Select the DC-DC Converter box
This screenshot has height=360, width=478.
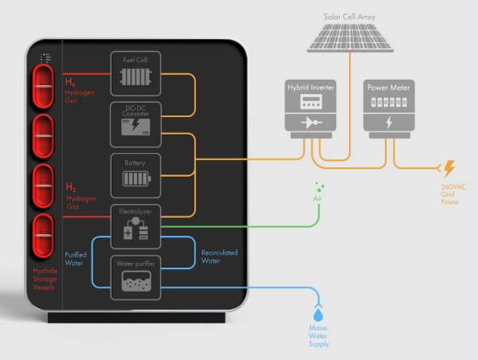pyautogui.click(x=135, y=123)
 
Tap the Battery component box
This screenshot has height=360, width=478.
pyautogui.click(x=135, y=173)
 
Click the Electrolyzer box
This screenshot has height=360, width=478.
pyautogui.click(x=135, y=225)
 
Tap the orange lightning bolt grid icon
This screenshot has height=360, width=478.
pyautogui.click(x=449, y=168)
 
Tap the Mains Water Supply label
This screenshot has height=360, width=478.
pyautogui.click(x=318, y=336)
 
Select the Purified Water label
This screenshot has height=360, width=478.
pyautogui.click(x=76, y=260)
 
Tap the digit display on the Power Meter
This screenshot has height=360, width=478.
pyautogui.click(x=388, y=102)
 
